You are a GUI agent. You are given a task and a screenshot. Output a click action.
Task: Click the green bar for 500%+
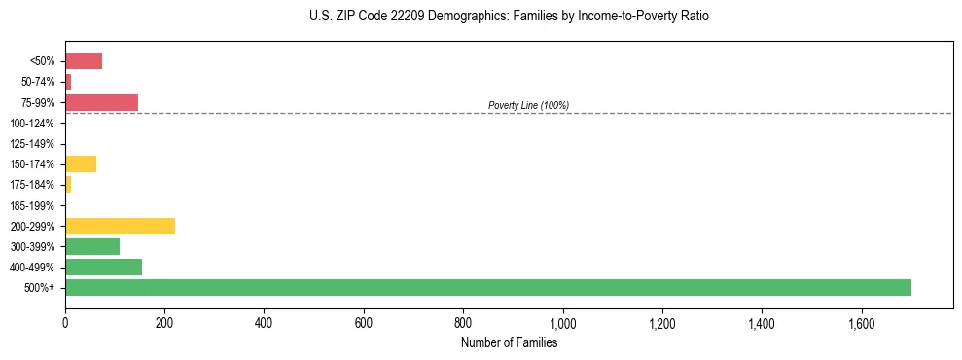pos(487,287)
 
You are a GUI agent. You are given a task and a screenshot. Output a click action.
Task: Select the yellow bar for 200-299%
pos(120,226)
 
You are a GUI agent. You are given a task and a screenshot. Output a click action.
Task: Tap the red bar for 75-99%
pos(101,102)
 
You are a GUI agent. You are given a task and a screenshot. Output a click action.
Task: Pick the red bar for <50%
pos(84,61)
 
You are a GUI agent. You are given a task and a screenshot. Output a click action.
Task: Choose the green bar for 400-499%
pos(103,267)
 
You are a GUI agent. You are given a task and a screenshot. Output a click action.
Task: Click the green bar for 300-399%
pos(92,246)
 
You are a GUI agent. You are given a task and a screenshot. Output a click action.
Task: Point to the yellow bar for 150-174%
pos(81,163)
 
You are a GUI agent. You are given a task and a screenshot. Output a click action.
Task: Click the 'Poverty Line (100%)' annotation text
pos(528,105)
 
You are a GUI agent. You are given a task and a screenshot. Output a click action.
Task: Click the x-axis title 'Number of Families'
pos(509,342)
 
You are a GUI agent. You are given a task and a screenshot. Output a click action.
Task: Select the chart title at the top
pos(509,17)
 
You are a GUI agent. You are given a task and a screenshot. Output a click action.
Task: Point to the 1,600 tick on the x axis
pos(861,323)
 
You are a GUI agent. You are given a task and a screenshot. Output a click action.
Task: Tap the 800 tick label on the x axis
pos(463,323)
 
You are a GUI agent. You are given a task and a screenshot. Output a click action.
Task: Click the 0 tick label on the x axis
pos(65,323)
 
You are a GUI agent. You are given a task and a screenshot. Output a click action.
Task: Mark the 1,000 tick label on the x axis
pos(562,323)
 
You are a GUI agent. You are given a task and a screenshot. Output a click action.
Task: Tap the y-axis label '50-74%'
pos(37,82)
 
